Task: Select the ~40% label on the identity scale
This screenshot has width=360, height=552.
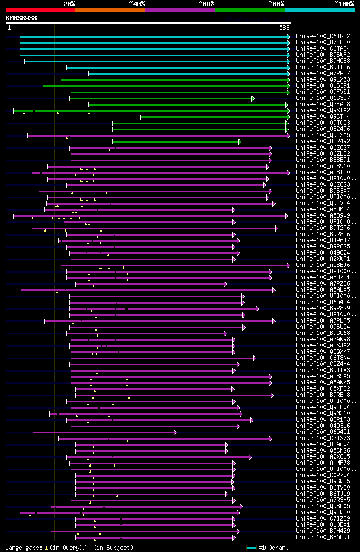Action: tap(137, 4)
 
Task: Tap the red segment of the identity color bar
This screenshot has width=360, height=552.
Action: tap(40, 10)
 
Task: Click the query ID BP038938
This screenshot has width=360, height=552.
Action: tap(21, 18)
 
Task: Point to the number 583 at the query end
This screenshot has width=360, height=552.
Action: tap(284, 28)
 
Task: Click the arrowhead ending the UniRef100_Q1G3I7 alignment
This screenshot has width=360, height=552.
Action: tap(253, 98)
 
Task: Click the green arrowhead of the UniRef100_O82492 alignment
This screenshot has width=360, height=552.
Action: tap(240, 142)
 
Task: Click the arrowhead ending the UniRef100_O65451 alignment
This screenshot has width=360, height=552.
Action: tap(175, 432)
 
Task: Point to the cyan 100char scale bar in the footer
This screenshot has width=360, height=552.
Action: tap(251, 548)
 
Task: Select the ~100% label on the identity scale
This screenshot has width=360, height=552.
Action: tap(344, 4)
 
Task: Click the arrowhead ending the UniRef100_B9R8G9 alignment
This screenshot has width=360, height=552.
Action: tap(258, 309)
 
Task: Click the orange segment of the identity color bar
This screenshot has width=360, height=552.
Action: tap(110, 10)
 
